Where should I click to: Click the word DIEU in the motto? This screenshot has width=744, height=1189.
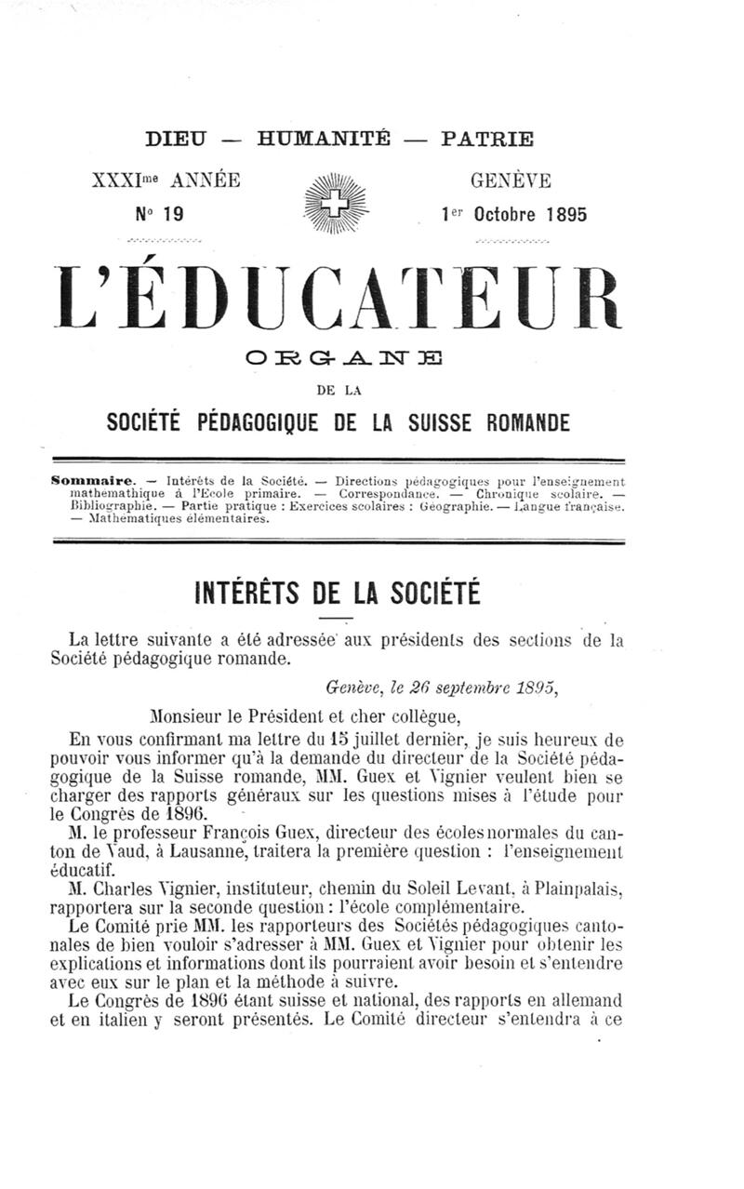(x=178, y=140)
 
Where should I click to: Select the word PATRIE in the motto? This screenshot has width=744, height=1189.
(x=488, y=140)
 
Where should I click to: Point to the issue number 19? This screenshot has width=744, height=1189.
(x=174, y=214)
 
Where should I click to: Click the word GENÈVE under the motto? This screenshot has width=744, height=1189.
(x=511, y=180)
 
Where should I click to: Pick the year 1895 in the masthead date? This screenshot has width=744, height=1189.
(x=567, y=214)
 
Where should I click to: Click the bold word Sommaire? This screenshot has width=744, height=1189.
(x=92, y=481)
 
